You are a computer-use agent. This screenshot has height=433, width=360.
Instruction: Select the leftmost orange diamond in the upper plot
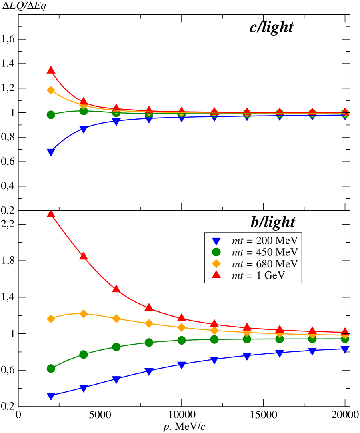(51, 90)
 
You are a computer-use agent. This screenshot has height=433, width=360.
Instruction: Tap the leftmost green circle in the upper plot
(51, 115)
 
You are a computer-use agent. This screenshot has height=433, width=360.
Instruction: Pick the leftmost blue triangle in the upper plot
(51, 152)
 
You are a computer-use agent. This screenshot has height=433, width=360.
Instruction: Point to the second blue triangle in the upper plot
(84, 129)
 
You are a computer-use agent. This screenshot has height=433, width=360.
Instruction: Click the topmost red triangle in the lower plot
(51, 214)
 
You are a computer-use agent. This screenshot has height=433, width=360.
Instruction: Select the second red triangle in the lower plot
(84, 256)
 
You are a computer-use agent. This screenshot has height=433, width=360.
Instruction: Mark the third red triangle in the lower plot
(116, 289)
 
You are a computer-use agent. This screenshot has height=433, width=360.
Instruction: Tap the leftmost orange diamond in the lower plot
(51, 319)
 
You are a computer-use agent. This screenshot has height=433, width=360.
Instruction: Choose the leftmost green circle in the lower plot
(51, 368)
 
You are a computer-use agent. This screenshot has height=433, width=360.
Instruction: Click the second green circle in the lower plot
(84, 354)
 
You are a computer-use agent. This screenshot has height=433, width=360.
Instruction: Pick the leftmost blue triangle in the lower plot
(51, 396)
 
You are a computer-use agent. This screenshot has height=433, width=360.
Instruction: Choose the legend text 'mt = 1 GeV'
(258, 275)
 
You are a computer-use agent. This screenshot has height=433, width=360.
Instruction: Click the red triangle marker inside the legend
(216, 275)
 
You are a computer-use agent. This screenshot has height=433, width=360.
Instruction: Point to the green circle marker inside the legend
(216, 252)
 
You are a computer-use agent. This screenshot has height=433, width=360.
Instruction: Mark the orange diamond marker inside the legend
(216, 263)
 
